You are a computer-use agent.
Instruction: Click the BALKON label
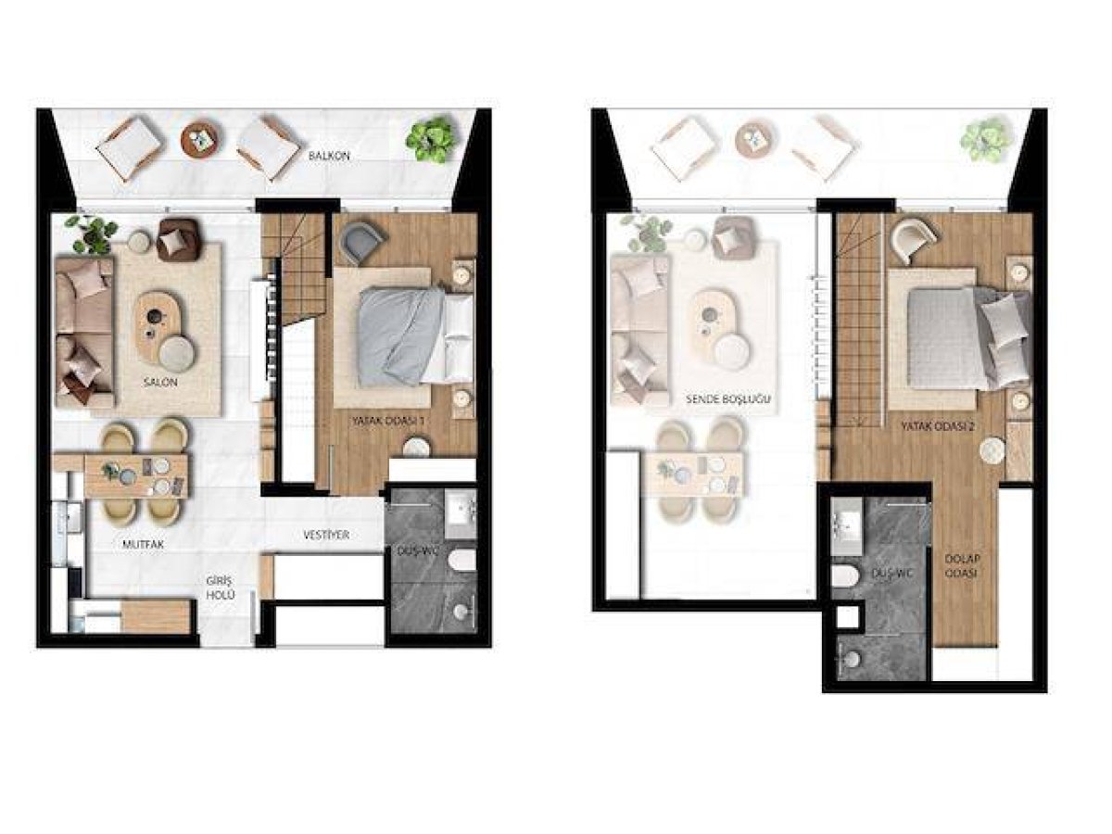329,156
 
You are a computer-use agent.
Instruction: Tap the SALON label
160,383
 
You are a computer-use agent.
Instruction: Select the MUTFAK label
144,545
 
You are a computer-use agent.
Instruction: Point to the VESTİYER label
326,535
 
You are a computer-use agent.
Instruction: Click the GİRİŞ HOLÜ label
221,588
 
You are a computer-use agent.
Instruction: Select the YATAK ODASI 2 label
938,426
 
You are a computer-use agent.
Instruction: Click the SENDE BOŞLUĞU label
728,399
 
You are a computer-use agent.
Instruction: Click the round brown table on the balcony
202,139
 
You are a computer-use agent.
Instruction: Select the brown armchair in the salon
178,239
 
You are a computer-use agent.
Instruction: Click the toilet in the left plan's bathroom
462,561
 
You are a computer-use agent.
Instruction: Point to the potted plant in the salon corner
91,234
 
